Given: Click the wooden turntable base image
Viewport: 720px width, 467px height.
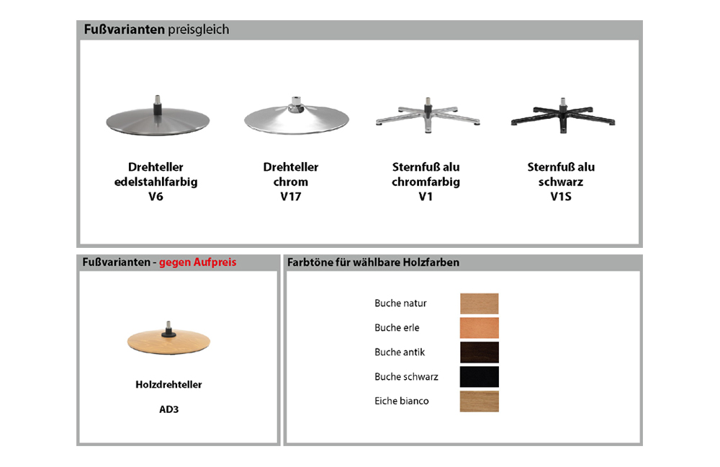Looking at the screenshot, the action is pos(168,339).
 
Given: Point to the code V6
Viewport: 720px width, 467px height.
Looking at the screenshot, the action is pos(156,197).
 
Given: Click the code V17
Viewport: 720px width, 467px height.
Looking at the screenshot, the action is pos(291,197).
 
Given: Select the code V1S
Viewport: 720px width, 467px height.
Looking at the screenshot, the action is pos(561,197).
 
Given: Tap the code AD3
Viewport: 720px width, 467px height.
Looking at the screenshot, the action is pos(169,409).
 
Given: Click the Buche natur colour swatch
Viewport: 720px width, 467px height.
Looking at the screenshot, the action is pos(480,303).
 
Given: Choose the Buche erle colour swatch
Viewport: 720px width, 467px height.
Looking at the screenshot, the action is pos(480,328).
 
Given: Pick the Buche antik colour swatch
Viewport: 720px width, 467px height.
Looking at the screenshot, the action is pos(480,352).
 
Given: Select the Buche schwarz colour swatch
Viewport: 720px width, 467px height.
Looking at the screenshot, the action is pos(480,376).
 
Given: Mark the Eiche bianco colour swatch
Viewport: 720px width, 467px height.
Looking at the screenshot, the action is pos(480,401).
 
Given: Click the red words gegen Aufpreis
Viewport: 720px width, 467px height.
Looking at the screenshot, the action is pos(198,262).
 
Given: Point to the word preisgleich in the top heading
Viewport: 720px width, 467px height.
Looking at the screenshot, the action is pos(199,30).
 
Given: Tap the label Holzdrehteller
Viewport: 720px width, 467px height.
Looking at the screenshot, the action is pos(168,385).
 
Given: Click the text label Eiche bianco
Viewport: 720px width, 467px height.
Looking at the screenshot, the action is pos(402,401).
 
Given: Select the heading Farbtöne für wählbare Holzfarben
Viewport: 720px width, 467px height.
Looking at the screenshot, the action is pos(373,262).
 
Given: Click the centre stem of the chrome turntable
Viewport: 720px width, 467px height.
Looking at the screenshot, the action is pos(296,104).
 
